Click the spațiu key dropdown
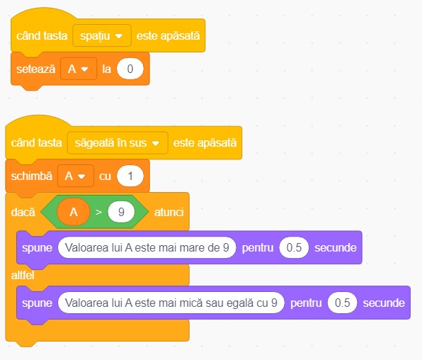click(x=102, y=35)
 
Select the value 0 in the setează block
click(x=130, y=69)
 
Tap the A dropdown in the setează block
click(x=79, y=69)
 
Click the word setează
click(x=36, y=69)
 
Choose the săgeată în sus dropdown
click(x=118, y=143)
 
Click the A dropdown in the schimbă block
click(x=76, y=176)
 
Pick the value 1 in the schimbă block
click(x=130, y=176)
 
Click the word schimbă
click(x=31, y=176)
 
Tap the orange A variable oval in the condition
click(x=74, y=212)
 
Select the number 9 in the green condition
click(x=121, y=212)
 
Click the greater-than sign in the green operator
click(x=98, y=213)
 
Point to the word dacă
click(x=23, y=213)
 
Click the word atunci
click(x=169, y=213)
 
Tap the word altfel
click(x=23, y=276)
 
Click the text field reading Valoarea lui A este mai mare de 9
click(x=147, y=247)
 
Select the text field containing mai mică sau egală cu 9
click(x=171, y=303)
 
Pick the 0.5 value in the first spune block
click(x=294, y=247)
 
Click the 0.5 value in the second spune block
click(x=342, y=303)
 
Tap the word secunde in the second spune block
click(x=384, y=303)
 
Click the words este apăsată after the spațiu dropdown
click(x=169, y=36)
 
